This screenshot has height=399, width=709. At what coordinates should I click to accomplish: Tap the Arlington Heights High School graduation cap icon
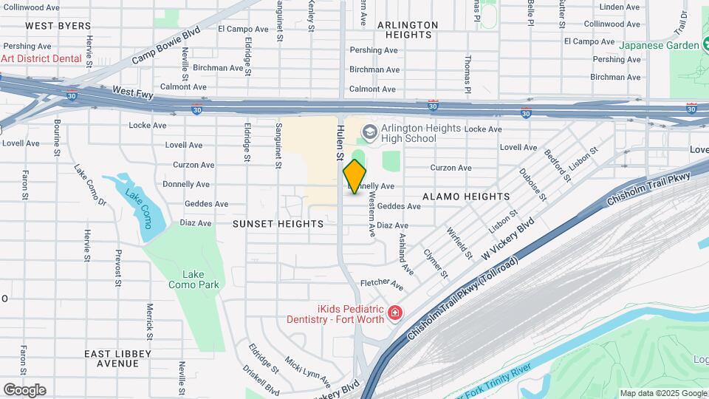[x=369, y=133]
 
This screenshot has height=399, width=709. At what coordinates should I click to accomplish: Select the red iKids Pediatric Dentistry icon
[x=395, y=314]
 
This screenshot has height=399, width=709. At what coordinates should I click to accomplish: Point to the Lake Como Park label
[x=193, y=279]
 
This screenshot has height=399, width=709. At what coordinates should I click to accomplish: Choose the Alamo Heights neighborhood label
[x=466, y=197]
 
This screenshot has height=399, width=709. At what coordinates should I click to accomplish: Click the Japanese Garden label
[x=659, y=45]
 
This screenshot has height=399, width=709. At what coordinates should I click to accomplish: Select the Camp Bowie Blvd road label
[x=166, y=46]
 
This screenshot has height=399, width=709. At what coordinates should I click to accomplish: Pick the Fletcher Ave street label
[x=382, y=284]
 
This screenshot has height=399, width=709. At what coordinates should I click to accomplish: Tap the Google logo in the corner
[x=24, y=390]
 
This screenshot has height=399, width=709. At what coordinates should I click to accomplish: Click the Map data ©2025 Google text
[x=662, y=393]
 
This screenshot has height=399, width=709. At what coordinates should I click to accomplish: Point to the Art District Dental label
[x=41, y=58]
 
